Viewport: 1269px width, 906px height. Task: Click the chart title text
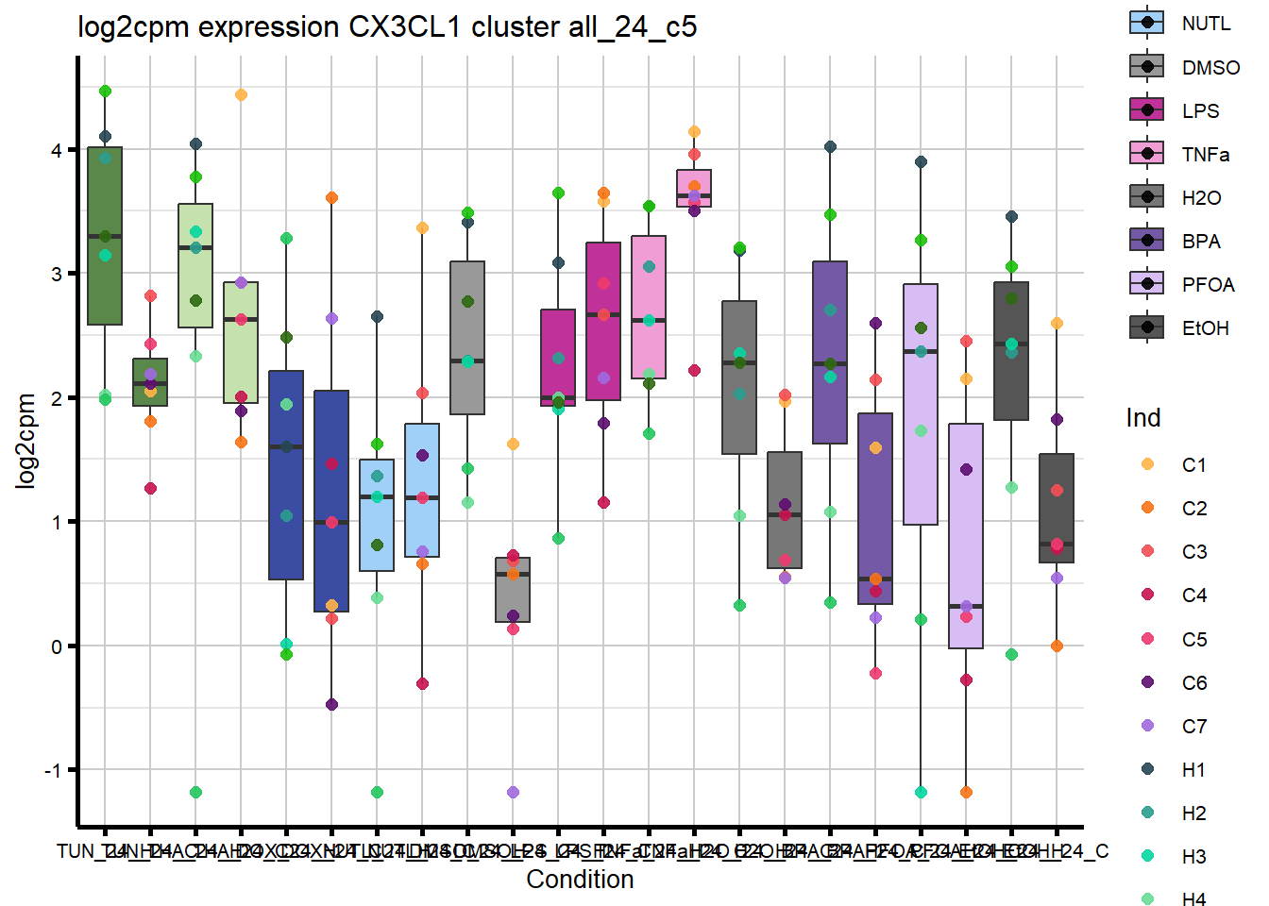coord(387,26)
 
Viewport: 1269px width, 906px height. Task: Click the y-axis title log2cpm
coord(25,441)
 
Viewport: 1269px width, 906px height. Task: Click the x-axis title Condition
coord(580,880)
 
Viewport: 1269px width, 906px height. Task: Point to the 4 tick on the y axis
coord(57,151)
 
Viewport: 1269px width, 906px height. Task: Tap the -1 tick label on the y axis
coord(53,771)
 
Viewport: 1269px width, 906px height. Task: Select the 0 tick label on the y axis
coord(57,646)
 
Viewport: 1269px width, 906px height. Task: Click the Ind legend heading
coord(1142,418)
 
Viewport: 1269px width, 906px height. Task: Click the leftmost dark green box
coord(105,236)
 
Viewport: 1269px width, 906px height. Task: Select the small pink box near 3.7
coord(694,188)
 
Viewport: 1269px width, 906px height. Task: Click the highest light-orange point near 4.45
coord(241,95)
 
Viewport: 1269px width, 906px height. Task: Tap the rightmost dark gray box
coord(1057,508)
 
